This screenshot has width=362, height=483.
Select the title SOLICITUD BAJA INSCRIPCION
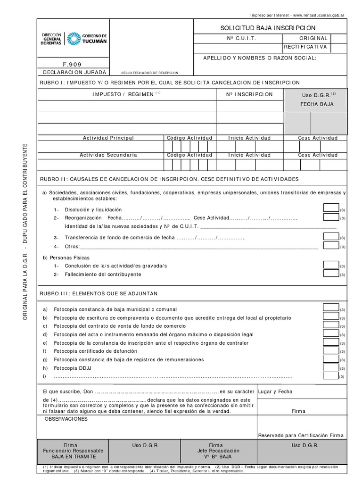(268, 28)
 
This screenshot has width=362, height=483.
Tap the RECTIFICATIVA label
(305, 47)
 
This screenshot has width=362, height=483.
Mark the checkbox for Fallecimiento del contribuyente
(331, 273)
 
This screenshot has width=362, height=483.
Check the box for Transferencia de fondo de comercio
(331, 236)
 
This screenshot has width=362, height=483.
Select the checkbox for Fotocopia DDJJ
(331, 366)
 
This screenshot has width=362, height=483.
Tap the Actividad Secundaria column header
(108, 155)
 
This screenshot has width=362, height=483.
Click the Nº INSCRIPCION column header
(249, 94)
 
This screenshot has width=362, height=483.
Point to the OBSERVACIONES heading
(66, 419)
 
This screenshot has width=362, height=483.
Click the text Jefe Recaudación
(216, 451)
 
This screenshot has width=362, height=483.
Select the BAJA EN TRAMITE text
(73, 457)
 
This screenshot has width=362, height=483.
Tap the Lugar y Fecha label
(275, 391)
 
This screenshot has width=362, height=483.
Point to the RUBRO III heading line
(99, 293)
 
